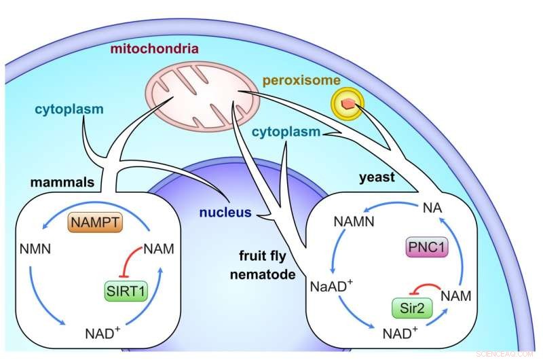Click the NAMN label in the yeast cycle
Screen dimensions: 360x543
pyautogui.click(x=353, y=222)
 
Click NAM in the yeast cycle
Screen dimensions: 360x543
pyautogui.click(x=457, y=295)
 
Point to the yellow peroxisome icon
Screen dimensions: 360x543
pyautogui.click(x=347, y=103)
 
